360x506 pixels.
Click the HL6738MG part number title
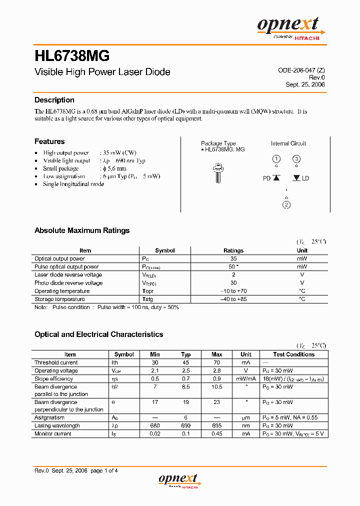click(72, 55)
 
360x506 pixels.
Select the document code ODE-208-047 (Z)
click(301, 70)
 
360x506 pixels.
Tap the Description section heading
click(54, 100)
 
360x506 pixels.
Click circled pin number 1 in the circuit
click(276, 159)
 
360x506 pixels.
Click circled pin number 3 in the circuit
click(296, 159)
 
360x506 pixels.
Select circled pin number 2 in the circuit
click(286, 204)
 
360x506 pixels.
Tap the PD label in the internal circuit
click(267, 178)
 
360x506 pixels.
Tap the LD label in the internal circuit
click(305, 178)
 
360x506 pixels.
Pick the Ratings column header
click(233, 250)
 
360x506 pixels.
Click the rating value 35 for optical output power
click(233, 258)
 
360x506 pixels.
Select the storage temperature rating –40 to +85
click(233, 299)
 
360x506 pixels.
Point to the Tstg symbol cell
click(148, 299)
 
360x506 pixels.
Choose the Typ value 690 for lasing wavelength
click(185, 425)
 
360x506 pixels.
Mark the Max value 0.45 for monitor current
click(216, 433)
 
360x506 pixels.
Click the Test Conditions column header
click(293, 354)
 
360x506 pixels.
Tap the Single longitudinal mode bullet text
click(73, 184)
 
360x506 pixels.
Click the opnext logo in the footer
click(178, 480)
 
